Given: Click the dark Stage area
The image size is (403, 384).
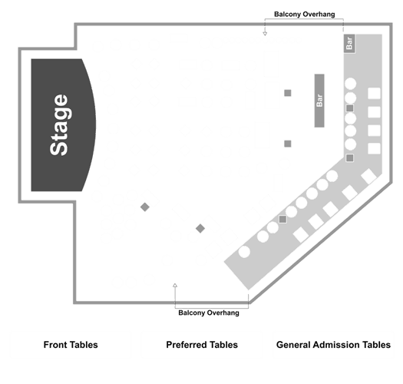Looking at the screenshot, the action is [61, 125].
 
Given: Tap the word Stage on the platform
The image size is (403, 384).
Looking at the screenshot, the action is [59, 125].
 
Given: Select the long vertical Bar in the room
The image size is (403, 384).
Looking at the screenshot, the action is [319, 101].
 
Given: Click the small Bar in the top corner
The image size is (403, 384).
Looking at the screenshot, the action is [349, 44].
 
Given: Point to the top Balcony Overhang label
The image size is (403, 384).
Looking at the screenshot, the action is [304, 14].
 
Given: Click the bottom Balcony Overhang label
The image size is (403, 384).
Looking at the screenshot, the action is [209, 313].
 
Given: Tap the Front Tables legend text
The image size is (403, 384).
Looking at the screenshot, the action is [71, 345].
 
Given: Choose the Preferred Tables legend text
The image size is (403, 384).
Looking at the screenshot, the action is [202, 345].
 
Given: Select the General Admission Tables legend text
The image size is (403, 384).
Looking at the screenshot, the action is [333, 345].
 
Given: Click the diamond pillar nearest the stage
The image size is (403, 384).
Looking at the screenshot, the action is [145, 207].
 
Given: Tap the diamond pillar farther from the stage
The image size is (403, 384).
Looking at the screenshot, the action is [200, 228].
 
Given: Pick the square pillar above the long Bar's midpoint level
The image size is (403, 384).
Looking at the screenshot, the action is [288, 93].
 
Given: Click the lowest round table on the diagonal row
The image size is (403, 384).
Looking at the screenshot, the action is [244, 252].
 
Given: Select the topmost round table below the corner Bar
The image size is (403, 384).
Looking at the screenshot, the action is [350, 84].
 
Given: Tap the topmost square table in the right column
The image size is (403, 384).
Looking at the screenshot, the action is [375, 94].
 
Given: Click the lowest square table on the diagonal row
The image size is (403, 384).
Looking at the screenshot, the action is [301, 235].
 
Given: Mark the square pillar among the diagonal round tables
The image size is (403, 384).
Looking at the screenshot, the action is [282, 219].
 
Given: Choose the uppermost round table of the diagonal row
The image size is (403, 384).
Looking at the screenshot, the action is [332, 176].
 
